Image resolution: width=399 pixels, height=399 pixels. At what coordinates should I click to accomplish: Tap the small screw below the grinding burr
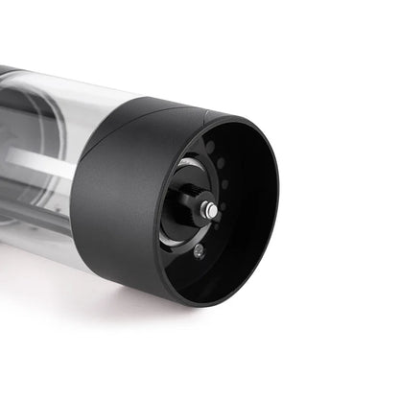198,251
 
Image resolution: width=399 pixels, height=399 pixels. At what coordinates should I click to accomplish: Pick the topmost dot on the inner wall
209,146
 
